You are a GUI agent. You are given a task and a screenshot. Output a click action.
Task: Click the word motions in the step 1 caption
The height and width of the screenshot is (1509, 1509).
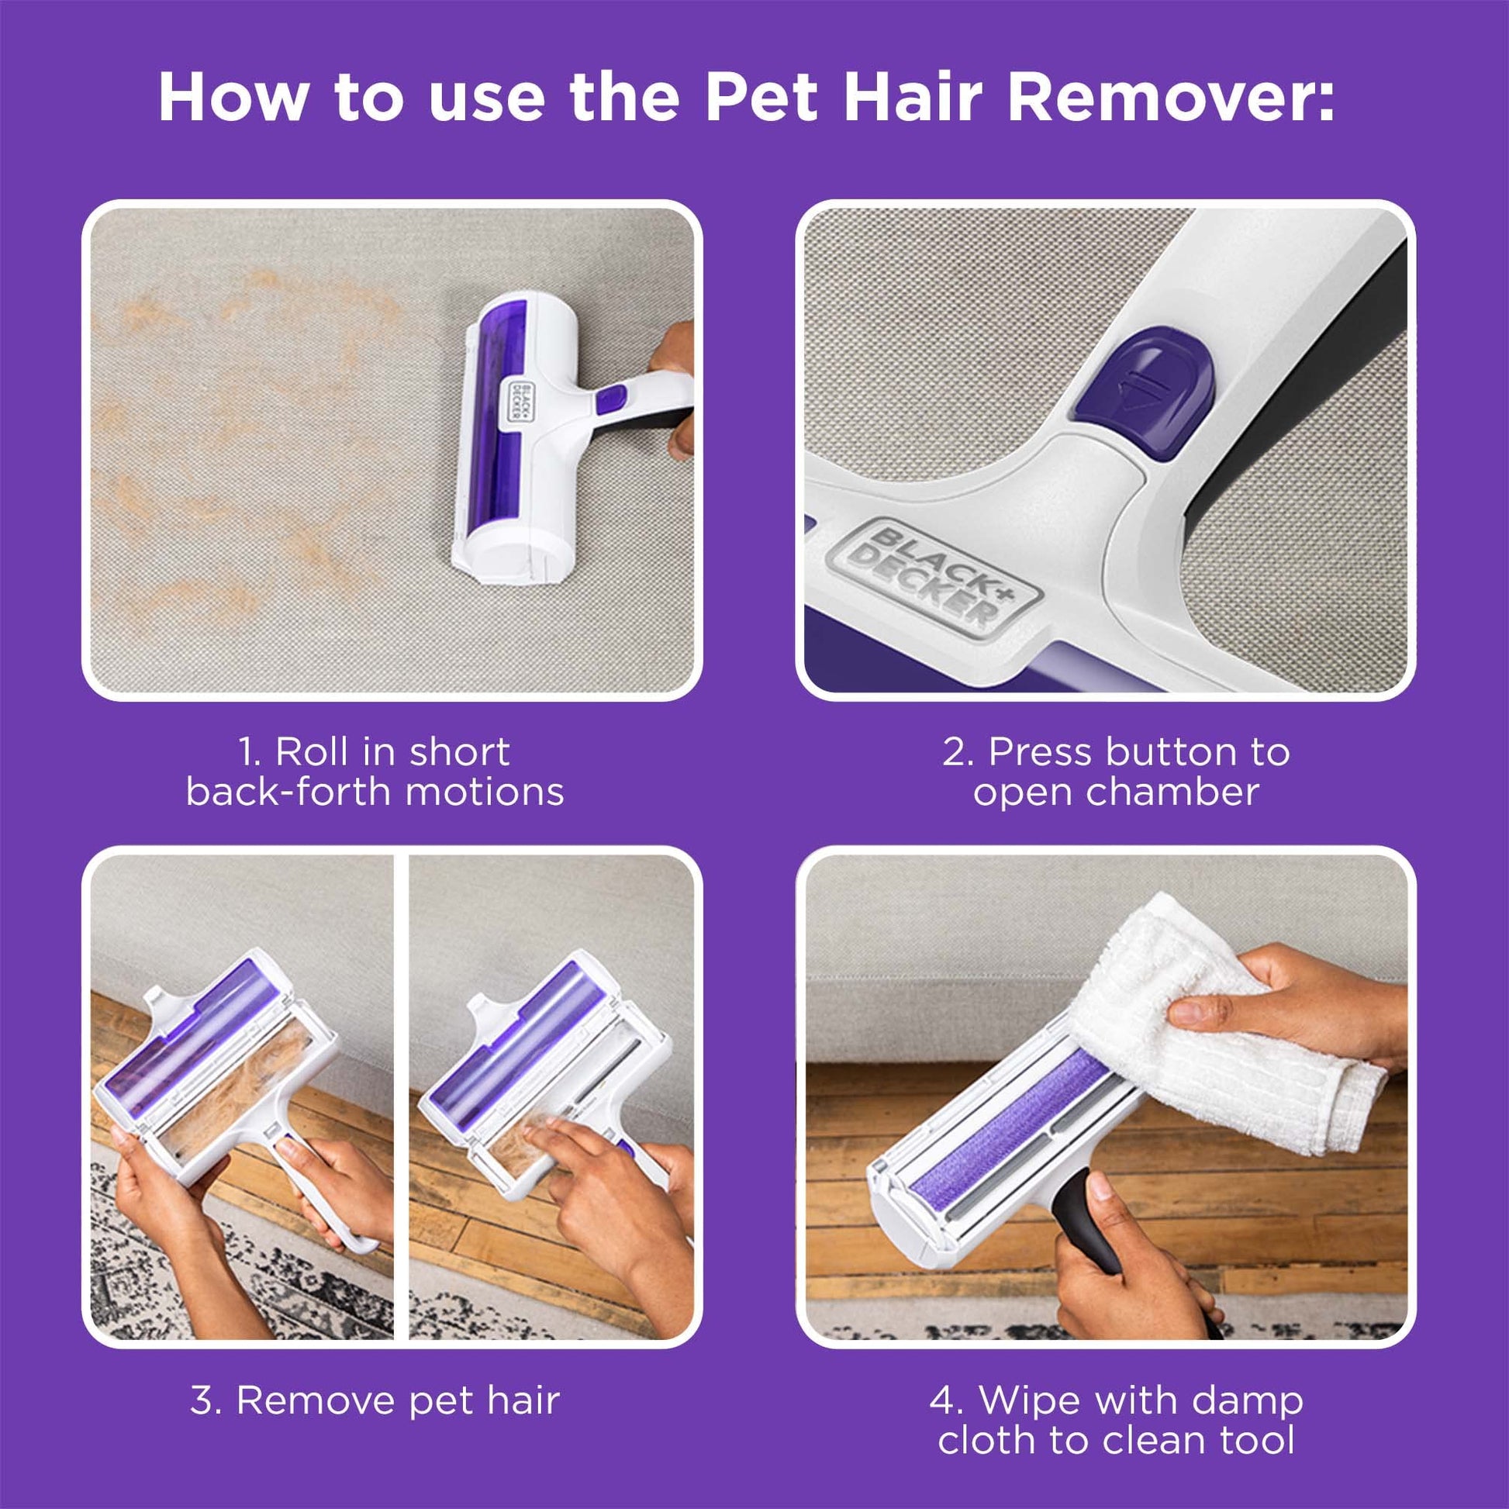pos(484,792)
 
